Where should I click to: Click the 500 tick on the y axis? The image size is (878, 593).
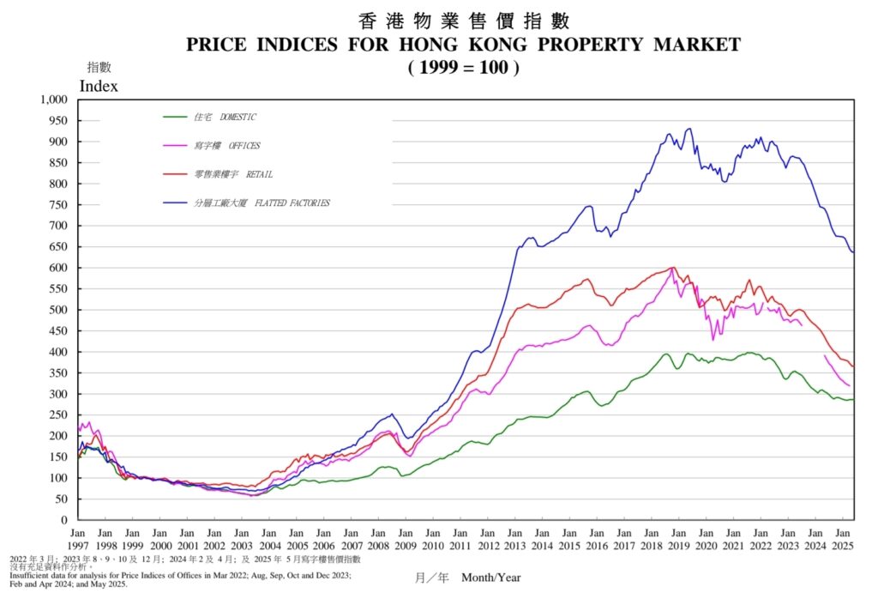click(57, 310)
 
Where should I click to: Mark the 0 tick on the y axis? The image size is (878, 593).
click(63, 520)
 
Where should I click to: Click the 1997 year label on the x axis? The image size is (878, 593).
click(78, 545)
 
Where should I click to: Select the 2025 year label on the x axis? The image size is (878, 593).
click(841, 545)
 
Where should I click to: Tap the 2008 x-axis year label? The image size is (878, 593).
click(378, 545)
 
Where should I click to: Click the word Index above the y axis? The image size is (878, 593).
click(99, 86)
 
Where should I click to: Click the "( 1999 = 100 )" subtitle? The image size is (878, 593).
click(464, 67)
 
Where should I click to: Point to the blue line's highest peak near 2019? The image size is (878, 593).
click(689, 129)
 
